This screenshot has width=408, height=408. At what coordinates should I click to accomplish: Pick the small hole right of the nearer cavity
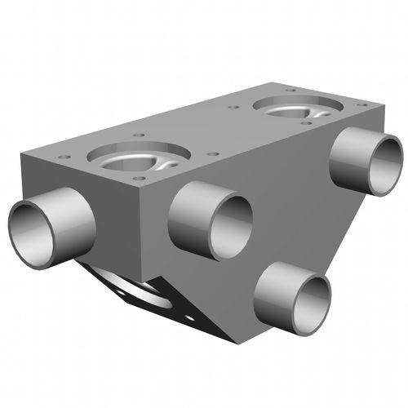pos(212,153)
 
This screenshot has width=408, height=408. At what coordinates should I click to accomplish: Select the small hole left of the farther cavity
pos(233,107)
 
